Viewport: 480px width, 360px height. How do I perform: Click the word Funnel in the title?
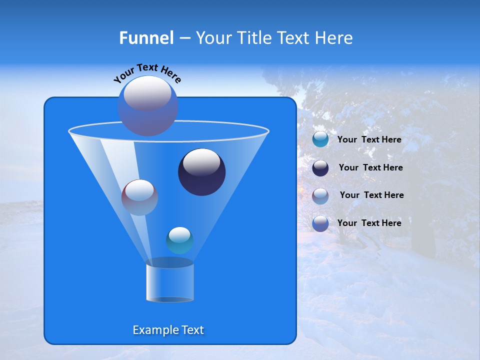click(146, 38)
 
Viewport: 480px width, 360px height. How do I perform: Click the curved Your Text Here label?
click(147, 73)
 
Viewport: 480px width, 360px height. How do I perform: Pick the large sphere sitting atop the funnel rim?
click(148, 105)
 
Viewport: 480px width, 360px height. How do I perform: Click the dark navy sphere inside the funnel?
click(202, 172)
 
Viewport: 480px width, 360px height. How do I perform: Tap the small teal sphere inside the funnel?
click(180, 240)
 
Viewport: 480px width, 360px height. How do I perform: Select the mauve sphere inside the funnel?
click(140, 197)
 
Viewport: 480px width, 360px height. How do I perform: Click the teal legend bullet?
click(320, 139)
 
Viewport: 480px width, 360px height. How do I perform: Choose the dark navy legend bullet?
click(320, 168)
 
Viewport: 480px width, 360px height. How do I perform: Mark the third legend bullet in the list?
click(320, 195)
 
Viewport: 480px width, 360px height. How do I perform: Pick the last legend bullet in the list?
click(320, 223)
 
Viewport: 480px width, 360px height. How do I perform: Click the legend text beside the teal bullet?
click(369, 139)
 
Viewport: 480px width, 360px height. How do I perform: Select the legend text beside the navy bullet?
click(370, 167)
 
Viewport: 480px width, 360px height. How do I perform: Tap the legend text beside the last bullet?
click(369, 223)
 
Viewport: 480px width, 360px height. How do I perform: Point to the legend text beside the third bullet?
click(371, 195)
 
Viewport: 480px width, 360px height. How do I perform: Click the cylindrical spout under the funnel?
click(170, 281)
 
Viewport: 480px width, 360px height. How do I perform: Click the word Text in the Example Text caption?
click(191, 330)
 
